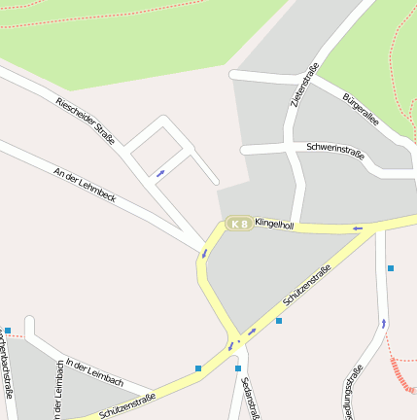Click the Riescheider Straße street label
[x=86, y=122]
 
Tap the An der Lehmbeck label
[x=86, y=184]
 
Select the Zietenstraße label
[x=304, y=85]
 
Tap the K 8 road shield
[x=238, y=224]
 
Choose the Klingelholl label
[x=274, y=224]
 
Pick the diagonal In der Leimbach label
[x=94, y=368]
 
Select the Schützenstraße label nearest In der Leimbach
[x=127, y=405]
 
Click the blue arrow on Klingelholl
[x=358, y=228]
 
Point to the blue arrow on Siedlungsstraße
[x=383, y=323]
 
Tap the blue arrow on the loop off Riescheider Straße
[x=160, y=173]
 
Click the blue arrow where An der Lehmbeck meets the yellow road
[x=204, y=254]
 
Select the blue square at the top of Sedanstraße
[x=237, y=368]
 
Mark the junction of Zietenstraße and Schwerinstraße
[x=293, y=149]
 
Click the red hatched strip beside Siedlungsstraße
[x=401, y=375]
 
